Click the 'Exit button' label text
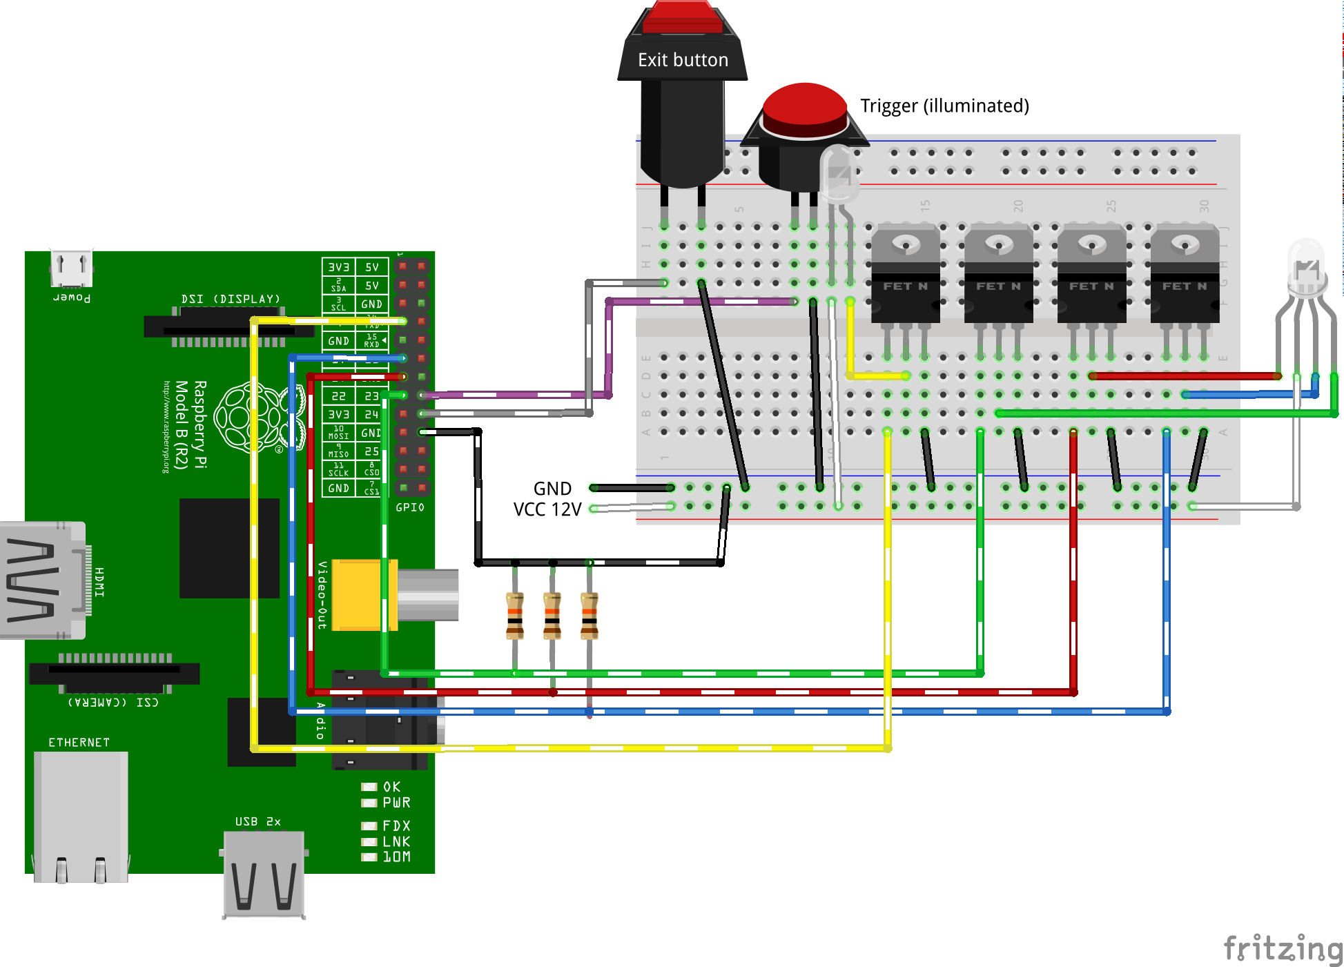click(683, 60)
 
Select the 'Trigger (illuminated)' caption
click(944, 106)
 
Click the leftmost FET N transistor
click(906, 276)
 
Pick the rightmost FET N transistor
click(1185, 276)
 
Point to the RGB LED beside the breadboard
click(1306, 269)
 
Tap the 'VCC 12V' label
click(547, 509)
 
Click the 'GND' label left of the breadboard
click(552, 489)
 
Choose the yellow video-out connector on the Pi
click(359, 595)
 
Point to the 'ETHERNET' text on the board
click(79, 743)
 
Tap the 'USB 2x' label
click(257, 821)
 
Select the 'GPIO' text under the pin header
click(410, 507)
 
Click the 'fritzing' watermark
click(1283, 948)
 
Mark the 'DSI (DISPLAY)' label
click(231, 299)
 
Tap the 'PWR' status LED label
click(396, 803)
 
